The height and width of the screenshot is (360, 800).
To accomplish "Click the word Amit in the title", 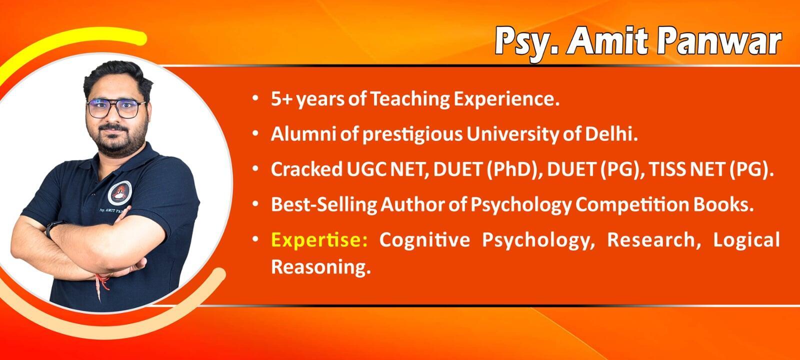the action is (607, 41).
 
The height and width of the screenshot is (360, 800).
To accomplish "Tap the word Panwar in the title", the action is (720, 42).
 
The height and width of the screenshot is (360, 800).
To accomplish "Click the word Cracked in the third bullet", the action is (306, 169).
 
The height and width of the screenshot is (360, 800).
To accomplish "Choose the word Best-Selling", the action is (324, 205).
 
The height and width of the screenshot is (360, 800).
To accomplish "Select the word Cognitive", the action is (424, 239).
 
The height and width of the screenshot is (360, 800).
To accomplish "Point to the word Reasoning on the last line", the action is (320, 267).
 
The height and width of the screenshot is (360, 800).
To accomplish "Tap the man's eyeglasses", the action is (116, 108).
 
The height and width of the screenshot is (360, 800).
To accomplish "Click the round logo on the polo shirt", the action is (120, 193).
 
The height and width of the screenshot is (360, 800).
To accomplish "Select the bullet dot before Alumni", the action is (255, 133).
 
